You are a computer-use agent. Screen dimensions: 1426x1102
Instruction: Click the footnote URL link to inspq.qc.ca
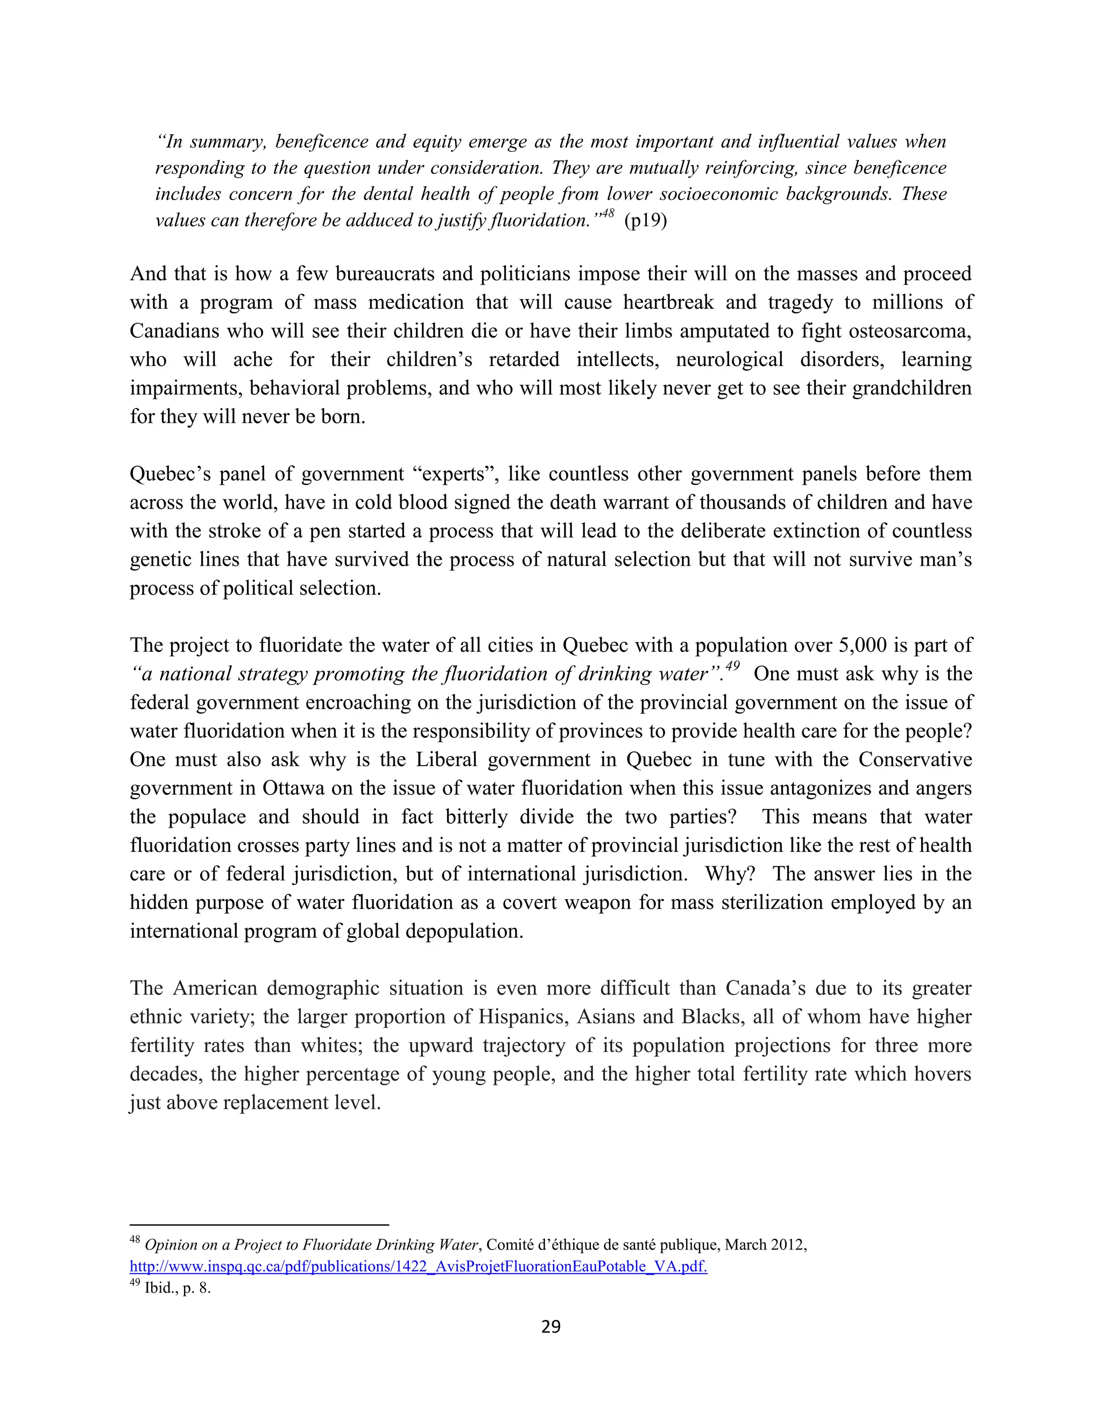point(418,1267)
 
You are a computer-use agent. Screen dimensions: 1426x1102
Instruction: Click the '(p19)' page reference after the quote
point(646,221)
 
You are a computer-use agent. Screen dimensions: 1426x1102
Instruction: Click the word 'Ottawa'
point(293,788)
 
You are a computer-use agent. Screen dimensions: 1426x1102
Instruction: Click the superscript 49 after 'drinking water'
point(732,666)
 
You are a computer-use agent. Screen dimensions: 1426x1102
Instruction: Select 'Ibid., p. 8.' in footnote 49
point(178,1289)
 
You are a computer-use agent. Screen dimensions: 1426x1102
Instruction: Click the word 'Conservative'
point(915,759)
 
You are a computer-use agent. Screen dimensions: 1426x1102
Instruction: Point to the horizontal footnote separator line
point(259,1225)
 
